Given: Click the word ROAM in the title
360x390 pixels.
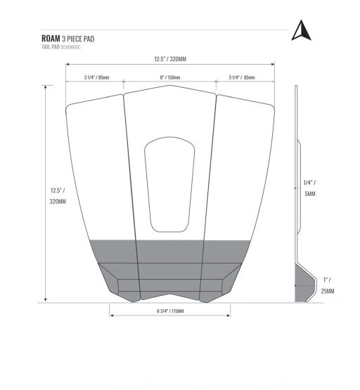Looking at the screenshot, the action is (51, 39).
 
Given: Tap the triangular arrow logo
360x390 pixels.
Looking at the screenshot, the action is (301, 30).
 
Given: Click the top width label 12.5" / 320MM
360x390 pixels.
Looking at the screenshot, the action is (170, 59).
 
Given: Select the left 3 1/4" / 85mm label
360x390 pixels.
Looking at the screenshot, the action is (96, 77).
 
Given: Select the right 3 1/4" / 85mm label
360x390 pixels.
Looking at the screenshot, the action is (242, 77).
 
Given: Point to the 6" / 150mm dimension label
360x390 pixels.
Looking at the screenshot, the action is (170, 77).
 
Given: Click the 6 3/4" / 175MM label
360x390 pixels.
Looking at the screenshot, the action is (170, 311).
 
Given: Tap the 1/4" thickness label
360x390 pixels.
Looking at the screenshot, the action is (309, 183).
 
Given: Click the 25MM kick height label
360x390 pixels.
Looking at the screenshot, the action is (328, 291).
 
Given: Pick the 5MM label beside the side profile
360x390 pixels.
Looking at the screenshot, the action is (310, 194).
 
